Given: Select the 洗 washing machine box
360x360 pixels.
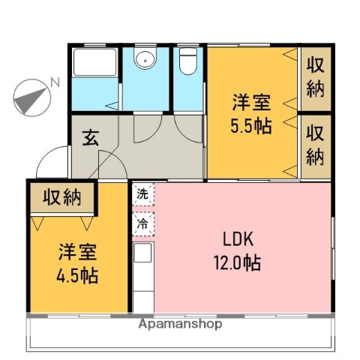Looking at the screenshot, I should pyautogui.click(x=142, y=194).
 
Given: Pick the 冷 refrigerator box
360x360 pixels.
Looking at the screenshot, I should pyautogui.click(x=142, y=222).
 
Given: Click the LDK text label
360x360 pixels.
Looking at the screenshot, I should pyautogui.click(x=239, y=240).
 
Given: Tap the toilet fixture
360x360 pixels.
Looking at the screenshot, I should pyautogui.click(x=188, y=64).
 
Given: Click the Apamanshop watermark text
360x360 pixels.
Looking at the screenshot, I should pyautogui.click(x=180, y=325).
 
